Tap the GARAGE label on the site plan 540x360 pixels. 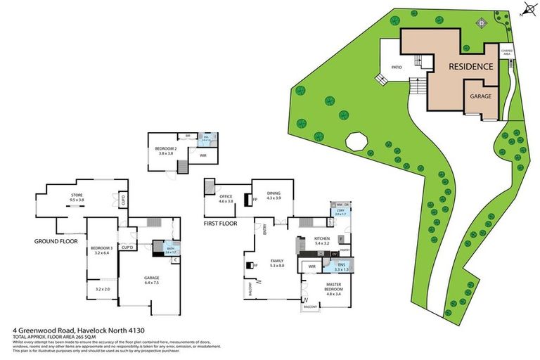[x=480, y=96]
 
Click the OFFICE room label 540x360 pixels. [x=226, y=197]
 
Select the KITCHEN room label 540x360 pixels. [x=322, y=239]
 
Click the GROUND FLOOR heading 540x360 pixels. [x=56, y=240]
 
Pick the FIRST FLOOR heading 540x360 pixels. [x=219, y=223]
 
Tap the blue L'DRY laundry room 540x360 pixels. [x=340, y=212]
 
